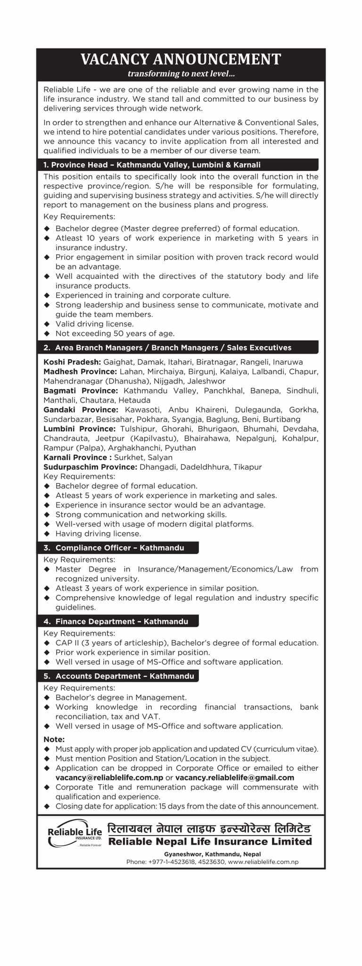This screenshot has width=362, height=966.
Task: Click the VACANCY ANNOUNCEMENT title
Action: pos(181,59)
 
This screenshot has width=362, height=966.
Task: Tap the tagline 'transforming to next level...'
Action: pos(181,74)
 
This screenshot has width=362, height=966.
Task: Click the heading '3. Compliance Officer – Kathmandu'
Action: pos(120,548)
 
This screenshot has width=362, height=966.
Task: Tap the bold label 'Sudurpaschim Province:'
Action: pos(90,466)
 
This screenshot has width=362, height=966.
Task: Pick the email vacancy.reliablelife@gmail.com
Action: pos(235,777)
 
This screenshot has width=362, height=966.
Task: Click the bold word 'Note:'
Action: pos(54,739)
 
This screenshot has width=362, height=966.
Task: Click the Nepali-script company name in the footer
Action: pos(210,829)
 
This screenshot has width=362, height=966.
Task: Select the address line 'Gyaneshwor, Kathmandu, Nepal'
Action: pos(213,854)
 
